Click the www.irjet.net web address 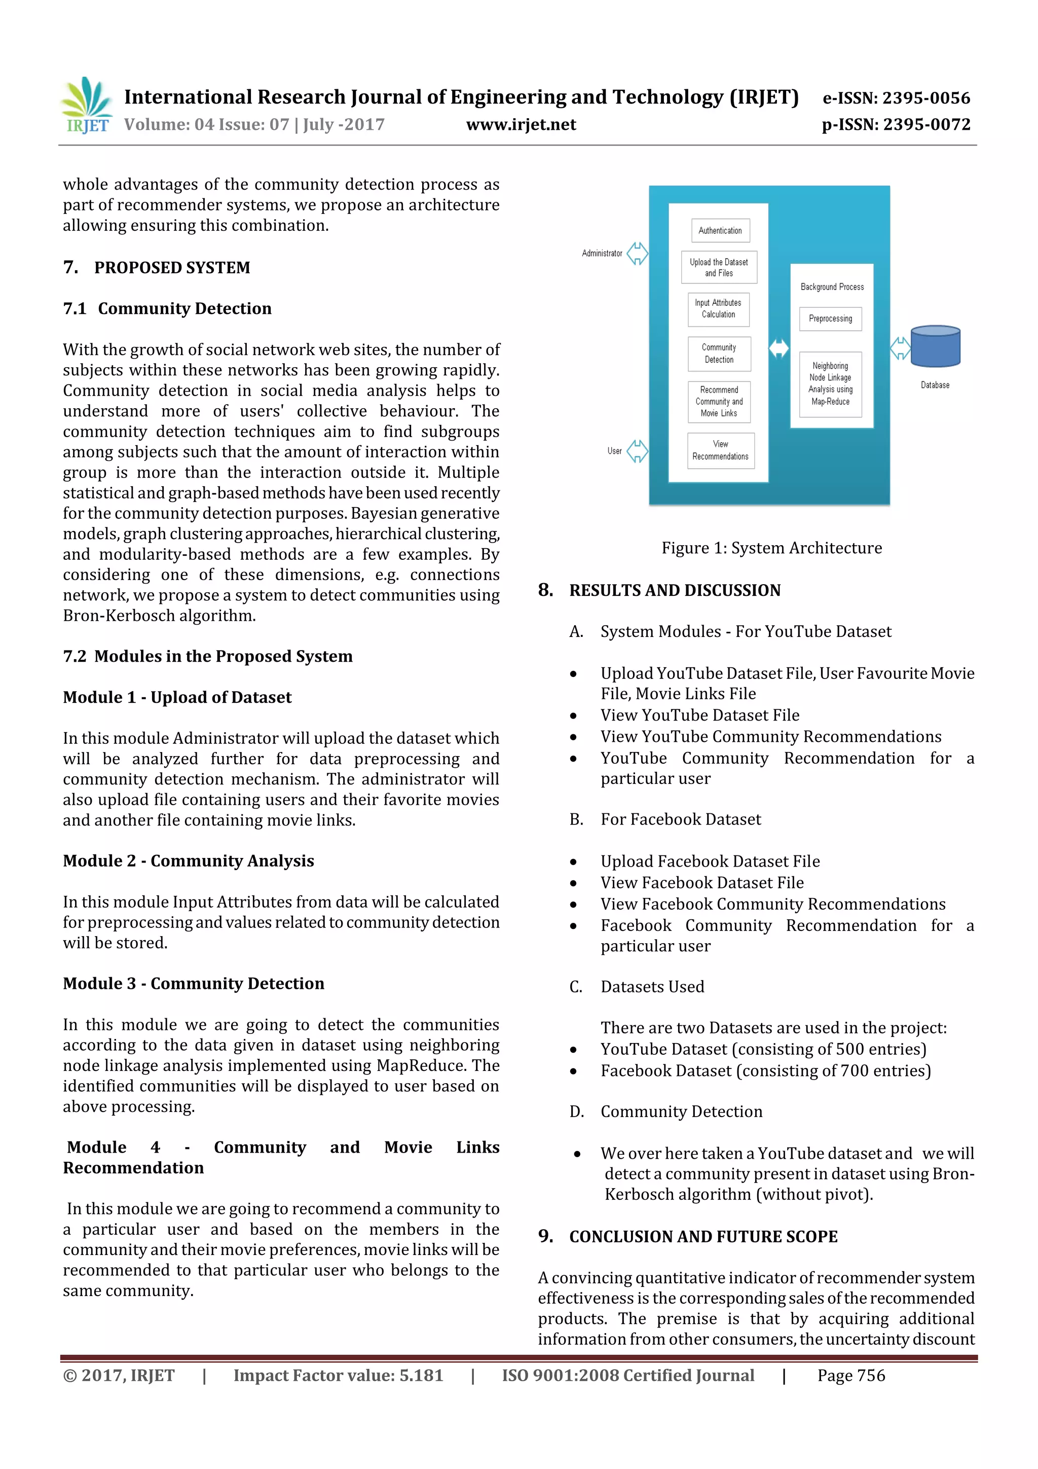521,125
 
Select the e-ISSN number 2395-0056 925,98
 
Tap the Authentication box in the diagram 720,230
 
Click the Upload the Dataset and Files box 719,267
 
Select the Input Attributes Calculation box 718,309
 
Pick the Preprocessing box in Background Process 830,318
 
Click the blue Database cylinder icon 935,346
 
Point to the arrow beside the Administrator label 637,254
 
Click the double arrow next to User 637,451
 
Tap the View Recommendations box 720,450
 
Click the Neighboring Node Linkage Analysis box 830,384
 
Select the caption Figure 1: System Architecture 771,548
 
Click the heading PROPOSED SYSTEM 172,267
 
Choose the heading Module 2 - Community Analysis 188,861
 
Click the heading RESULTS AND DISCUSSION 675,591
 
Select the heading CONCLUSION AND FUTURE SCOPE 703,1237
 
